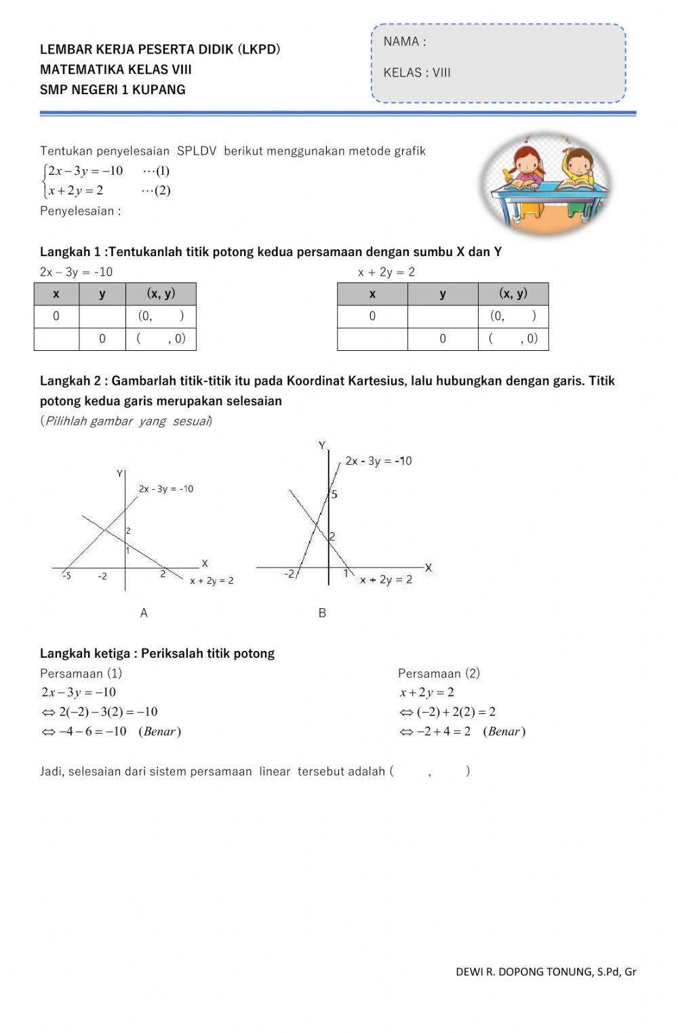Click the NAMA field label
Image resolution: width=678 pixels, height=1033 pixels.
(404, 41)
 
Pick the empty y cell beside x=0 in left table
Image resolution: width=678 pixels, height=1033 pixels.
(102, 316)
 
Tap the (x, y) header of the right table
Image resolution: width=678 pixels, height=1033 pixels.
(513, 293)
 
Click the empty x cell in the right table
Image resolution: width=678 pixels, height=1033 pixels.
(372, 339)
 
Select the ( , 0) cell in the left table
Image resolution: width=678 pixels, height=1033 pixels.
(161, 339)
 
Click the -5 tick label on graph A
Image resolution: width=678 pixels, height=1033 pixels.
(66, 576)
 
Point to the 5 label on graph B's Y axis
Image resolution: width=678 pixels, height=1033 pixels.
(334, 494)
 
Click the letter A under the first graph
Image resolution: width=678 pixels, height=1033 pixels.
(144, 613)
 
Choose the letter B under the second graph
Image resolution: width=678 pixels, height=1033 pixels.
(322, 613)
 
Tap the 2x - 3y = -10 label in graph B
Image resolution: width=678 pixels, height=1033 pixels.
(378, 461)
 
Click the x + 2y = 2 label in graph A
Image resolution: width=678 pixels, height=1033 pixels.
(212, 581)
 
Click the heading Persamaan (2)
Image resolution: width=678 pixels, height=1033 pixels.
(439, 673)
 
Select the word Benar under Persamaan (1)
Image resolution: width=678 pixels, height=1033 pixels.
(159, 732)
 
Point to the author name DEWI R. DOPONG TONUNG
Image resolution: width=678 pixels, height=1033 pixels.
(525, 971)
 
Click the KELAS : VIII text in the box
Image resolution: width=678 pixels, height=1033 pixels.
(417, 72)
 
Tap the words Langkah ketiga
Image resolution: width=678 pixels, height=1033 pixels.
(85, 654)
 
